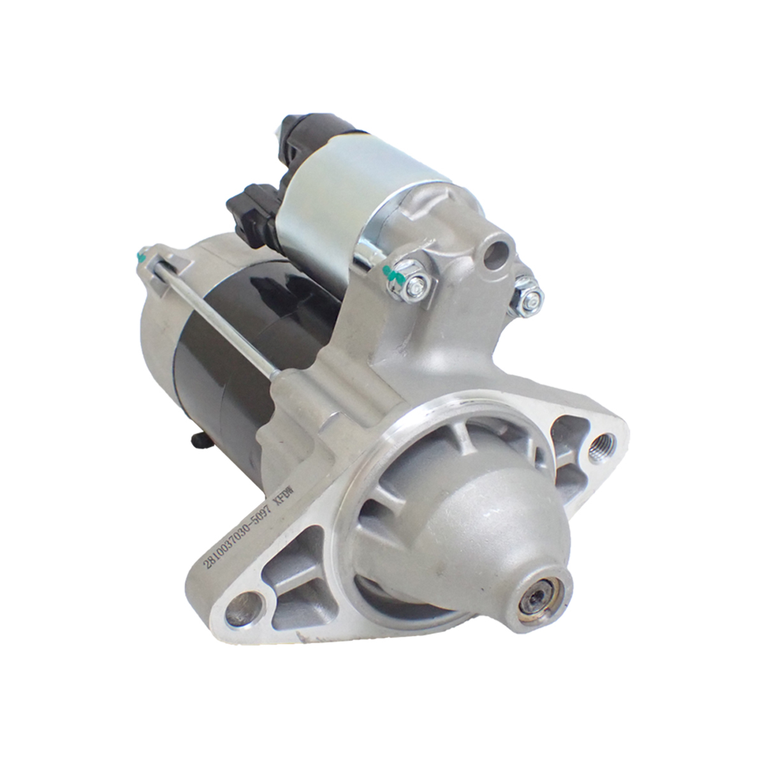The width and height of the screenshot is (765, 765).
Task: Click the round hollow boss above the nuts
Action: (493, 251)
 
